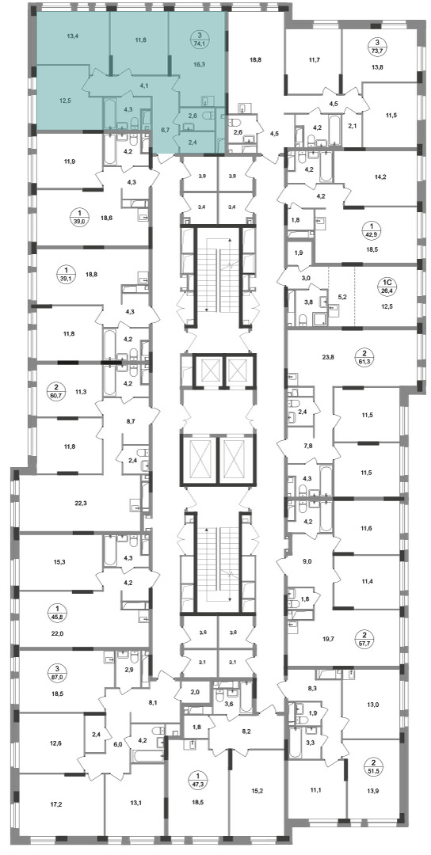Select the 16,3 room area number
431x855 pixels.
(200, 63)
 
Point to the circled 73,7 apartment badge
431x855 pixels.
(374, 47)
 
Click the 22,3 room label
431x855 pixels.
(81, 503)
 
